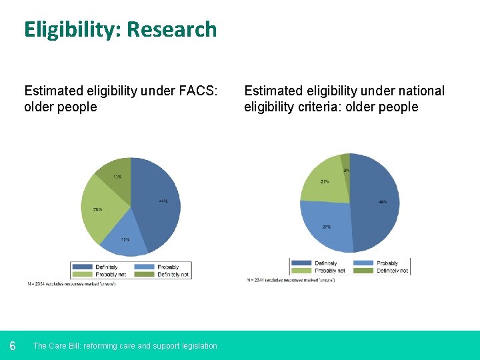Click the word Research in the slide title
(x=171, y=29)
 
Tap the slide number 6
(x=13, y=345)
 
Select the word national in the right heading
(x=418, y=91)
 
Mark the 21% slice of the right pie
(x=324, y=180)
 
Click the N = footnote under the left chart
(x=72, y=284)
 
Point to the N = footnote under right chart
(x=291, y=280)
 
